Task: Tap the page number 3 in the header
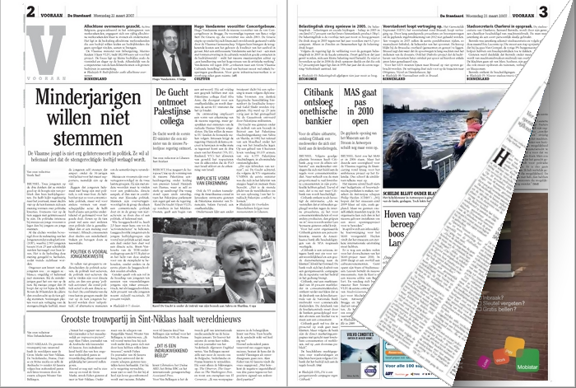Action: (x=568, y=11)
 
